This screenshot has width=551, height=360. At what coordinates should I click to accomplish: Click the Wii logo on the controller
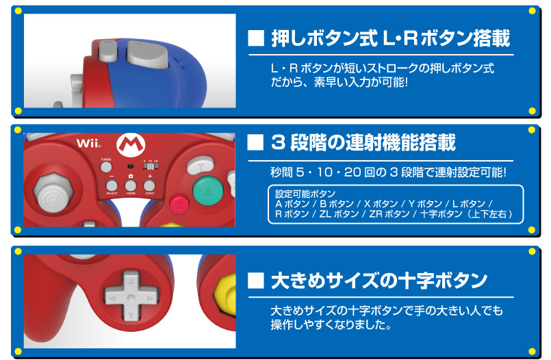[89, 143]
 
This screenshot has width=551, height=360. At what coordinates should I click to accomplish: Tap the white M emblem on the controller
[131, 144]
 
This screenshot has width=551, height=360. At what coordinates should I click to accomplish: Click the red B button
[179, 205]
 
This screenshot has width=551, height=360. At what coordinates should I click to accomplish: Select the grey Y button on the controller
[201, 166]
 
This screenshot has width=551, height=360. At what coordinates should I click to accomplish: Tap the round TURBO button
[106, 167]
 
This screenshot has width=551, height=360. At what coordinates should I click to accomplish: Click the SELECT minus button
[112, 185]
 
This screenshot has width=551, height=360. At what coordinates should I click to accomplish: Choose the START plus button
[149, 185]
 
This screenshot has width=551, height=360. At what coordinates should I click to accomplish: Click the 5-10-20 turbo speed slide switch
[151, 166]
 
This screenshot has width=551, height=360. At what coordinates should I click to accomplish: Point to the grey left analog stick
[53, 193]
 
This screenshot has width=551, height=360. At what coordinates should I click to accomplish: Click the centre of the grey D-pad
[131, 298]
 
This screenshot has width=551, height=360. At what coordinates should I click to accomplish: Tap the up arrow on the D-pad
[131, 281]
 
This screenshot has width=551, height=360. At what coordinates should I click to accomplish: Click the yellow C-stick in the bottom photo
[226, 295]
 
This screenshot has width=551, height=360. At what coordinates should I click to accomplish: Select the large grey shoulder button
[148, 54]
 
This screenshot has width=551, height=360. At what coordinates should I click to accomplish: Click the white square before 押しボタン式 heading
[256, 38]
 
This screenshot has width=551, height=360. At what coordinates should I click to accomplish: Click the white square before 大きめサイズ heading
[255, 281]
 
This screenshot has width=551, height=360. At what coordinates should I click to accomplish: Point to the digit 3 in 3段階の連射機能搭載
[278, 142]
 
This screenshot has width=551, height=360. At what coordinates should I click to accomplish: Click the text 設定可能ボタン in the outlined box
[305, 194]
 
